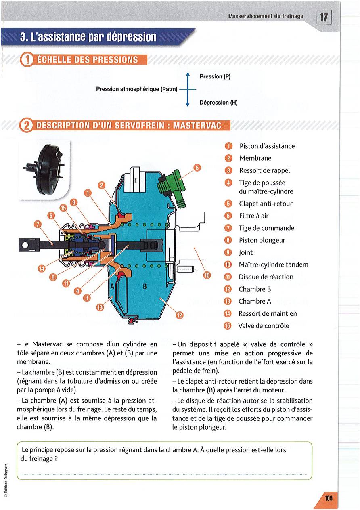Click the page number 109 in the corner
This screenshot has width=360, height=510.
pos(328,499)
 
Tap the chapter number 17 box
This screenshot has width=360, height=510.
pos(324,17)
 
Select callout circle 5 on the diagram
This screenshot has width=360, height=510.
pos(197,168)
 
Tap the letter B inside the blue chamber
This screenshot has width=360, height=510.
pos(144,287)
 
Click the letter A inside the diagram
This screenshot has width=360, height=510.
pos(112,287)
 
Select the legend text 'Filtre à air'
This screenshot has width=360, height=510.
pos(253,216)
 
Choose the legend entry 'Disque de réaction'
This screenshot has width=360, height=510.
pos(266,277)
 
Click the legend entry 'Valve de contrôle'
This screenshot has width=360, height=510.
pos(264,326)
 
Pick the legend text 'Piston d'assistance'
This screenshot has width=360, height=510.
pos(267,146)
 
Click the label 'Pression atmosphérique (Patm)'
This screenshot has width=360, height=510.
pos(137,89)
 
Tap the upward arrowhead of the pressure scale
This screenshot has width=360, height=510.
pos(188,74)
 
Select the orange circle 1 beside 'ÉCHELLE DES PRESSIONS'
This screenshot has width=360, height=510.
pos(27,60)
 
